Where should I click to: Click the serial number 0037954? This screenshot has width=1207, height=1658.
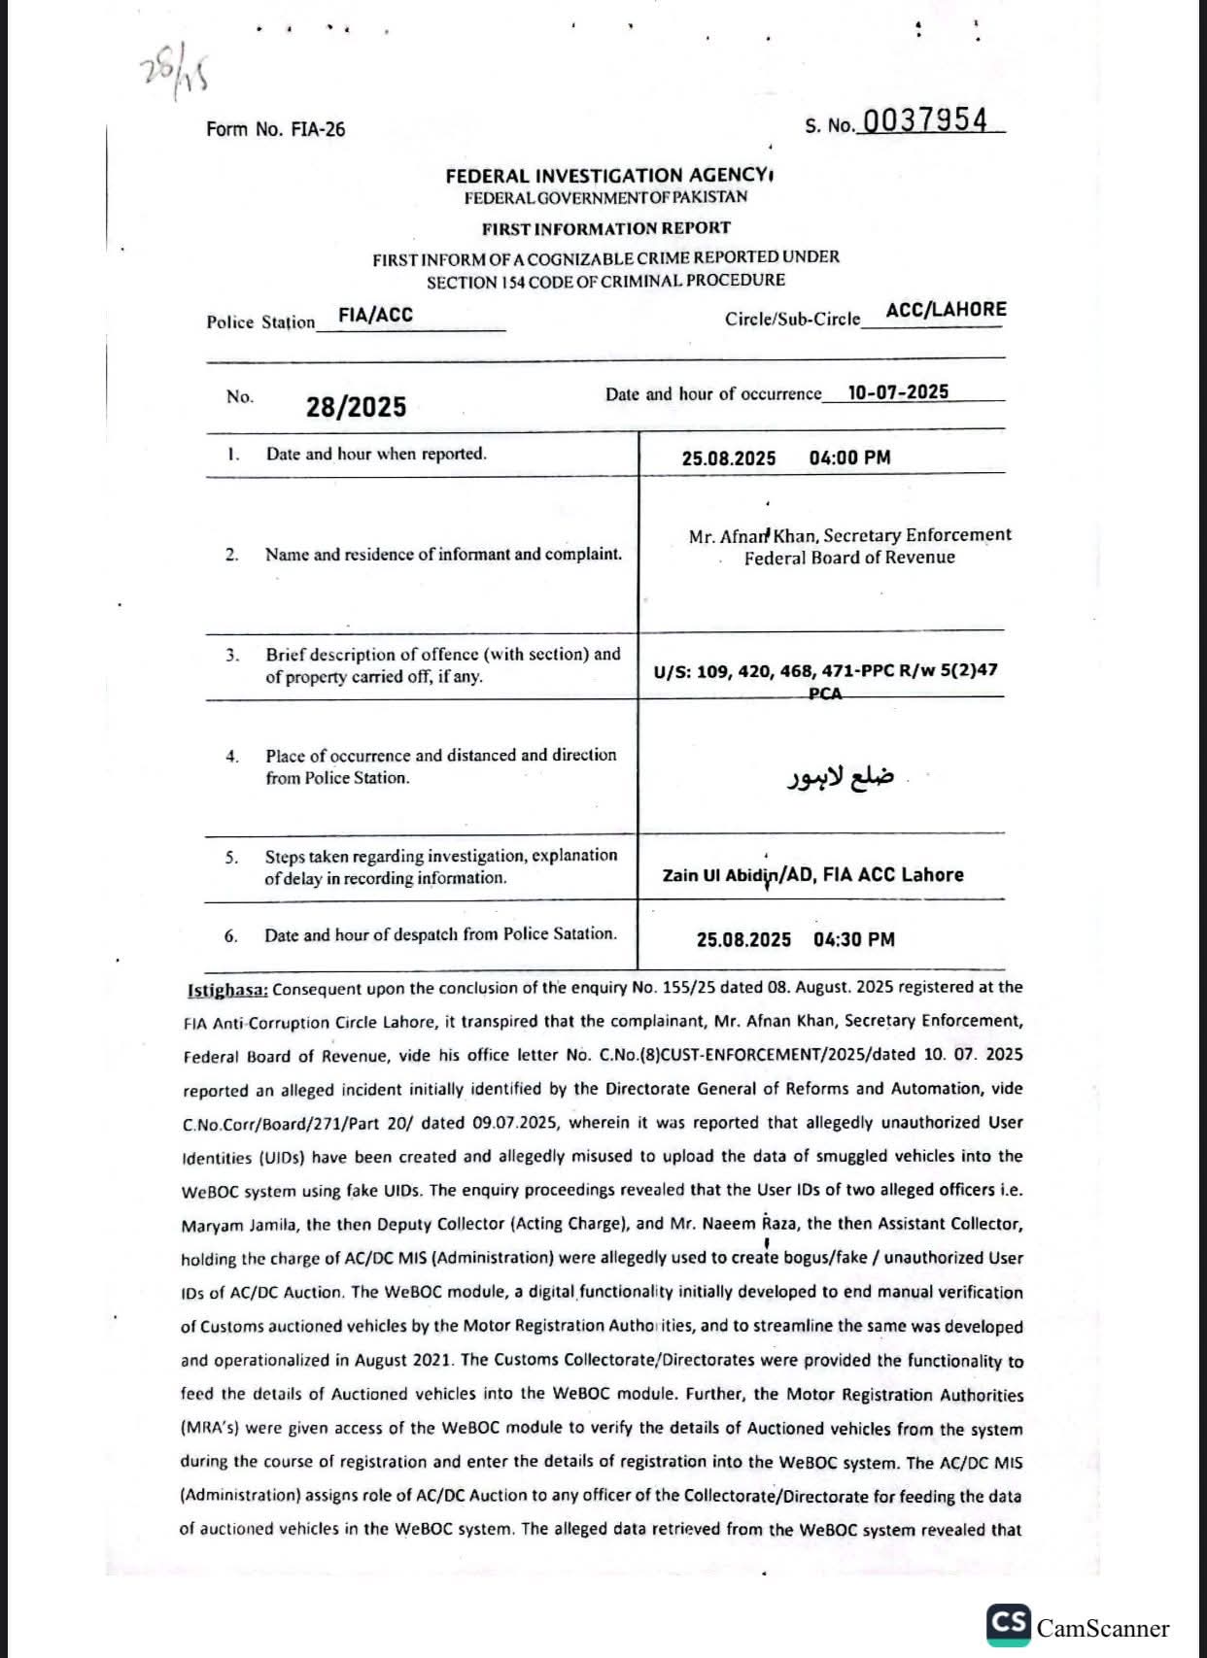click(924, 120)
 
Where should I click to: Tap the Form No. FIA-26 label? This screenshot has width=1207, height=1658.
click(275, 129)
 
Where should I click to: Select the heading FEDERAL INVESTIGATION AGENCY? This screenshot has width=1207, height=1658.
click(605, 176)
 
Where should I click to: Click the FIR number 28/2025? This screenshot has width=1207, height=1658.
click(356, 407)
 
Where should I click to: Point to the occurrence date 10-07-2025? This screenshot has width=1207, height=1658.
click(898, 391)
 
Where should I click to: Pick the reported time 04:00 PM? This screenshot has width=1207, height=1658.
click(849, 457)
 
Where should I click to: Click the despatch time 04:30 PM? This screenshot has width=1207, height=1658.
click(854, 939)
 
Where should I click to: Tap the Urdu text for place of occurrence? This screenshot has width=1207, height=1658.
click(840, 777)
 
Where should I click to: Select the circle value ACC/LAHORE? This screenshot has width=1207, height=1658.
click(946, 310)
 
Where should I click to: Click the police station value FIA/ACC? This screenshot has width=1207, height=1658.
click(375, 315)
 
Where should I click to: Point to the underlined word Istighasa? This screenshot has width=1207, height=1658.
click(227, 990)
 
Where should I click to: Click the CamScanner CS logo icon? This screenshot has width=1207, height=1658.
click(1008, 1624)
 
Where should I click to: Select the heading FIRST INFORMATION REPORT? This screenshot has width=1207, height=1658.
click(605, 228)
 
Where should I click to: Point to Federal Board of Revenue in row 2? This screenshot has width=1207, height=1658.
click(849, 558)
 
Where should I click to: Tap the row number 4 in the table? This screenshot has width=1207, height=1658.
click(232, 757)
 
